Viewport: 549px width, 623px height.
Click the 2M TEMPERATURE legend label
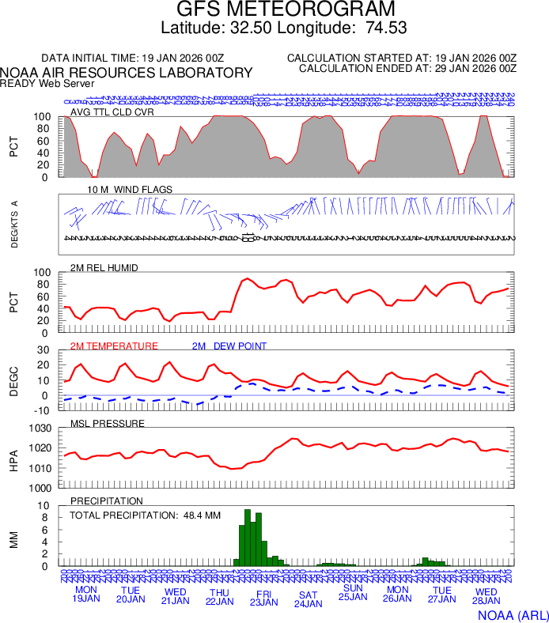tap(114, 346)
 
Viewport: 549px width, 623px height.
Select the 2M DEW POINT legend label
tap(229, 346)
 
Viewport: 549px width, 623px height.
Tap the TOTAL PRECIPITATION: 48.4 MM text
tap(144, 515)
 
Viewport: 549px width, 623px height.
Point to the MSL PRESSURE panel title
tap(108, 424)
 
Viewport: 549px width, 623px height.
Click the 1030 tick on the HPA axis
tap(40, 429)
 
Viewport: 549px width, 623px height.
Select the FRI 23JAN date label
tap(264, 596)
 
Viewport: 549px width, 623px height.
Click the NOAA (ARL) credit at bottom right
tap(513, 614)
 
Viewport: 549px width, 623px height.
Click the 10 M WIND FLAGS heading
tap(130, 190)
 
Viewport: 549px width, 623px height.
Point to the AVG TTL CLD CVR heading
tap(112, 111)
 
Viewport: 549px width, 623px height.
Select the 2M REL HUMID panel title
tap(104, 268)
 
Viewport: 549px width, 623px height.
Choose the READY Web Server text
tap(47, 83)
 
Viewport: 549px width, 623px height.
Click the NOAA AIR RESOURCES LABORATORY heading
tap(127, 73)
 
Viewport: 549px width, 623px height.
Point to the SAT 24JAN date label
tap(309, 598)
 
